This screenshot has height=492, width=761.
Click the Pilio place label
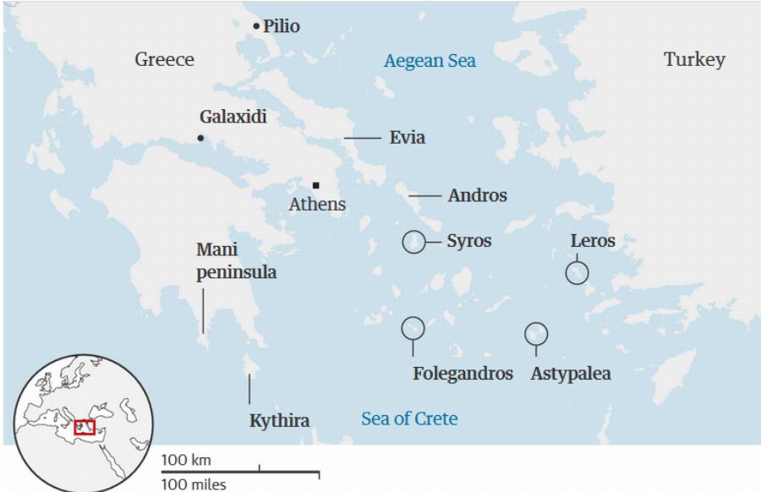(281, 26)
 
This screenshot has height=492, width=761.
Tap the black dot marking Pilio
(256, 27)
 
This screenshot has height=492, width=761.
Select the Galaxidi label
(233, 117)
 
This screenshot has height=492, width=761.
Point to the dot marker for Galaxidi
(200, 138)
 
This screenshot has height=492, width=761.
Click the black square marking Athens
(315, 185)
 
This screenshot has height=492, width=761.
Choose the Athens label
(317, 205)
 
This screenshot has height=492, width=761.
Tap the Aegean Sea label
(430, 61)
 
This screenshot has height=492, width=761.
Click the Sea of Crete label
(409, 418)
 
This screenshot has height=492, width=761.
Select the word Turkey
(694, 60)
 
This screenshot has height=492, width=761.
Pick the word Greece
(164, 59)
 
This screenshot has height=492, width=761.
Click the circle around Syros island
(413, 242)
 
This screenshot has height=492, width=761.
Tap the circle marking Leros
(578, 273)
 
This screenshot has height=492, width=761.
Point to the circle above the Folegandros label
(413, 327)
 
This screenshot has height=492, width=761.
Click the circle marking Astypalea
(535, 334)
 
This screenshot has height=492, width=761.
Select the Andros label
(477, 196)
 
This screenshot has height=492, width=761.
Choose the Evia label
(407, 138)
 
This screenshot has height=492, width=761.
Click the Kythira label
(279, 421)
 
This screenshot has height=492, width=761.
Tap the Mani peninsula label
(236, 261)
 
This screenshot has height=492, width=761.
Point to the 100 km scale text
(185, 460)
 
